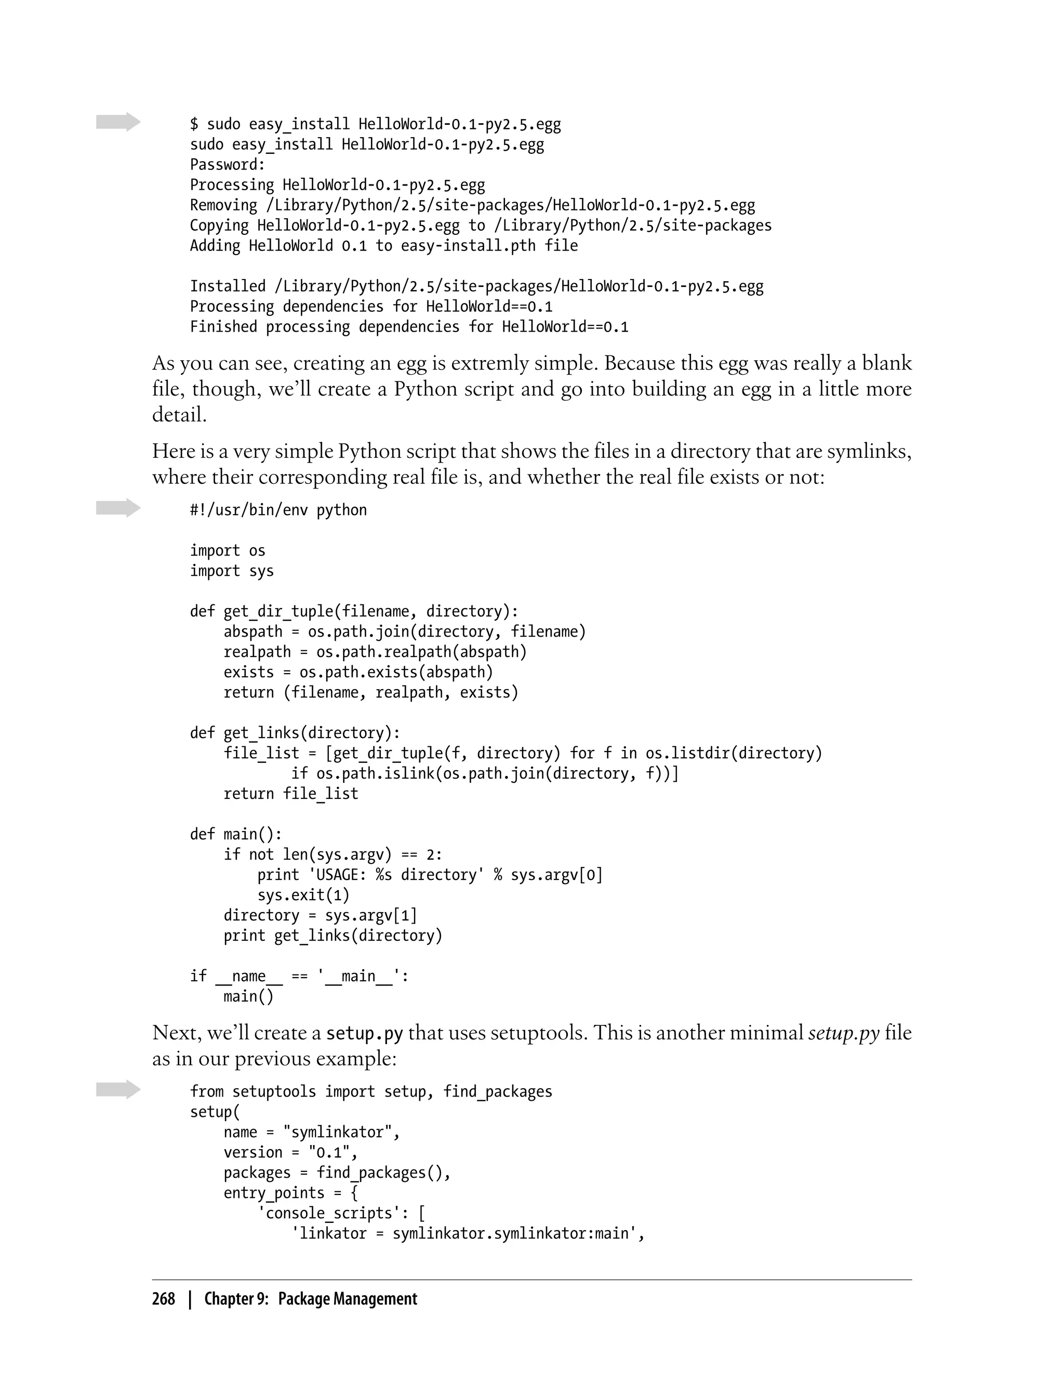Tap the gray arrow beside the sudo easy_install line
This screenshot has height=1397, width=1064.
tap(118, 122)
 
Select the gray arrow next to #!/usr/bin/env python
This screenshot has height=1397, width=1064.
tap(118, 508)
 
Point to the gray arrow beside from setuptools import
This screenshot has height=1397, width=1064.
tap(118, 1090)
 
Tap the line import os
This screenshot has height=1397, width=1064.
tap(228, 550)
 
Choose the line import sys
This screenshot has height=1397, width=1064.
tap(232, 571)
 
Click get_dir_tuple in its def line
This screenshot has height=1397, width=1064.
tap(278, 611)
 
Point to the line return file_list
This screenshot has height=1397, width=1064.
tap(291, 794)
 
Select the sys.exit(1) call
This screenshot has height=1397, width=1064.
tap(303, 895)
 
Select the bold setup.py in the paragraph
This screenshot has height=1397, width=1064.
tap(364, 1033)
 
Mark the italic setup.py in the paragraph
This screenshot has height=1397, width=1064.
tap(844, 1033)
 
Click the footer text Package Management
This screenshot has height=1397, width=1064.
tap(348, 1299)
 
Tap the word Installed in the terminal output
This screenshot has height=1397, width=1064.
tap(228, 286)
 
